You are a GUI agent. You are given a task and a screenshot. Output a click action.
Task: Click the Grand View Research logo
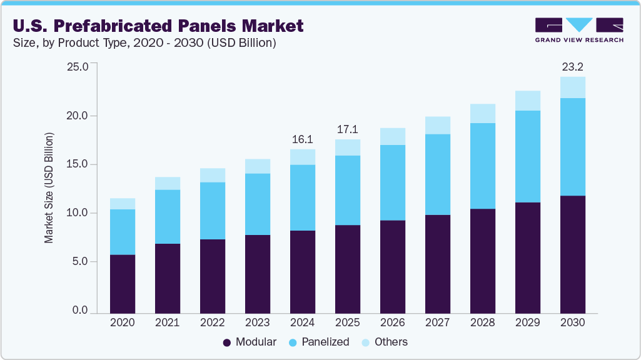point(579,29)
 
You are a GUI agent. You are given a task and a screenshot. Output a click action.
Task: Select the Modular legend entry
point(251,342)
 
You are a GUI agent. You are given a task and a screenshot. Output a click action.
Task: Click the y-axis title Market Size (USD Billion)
point(48,187)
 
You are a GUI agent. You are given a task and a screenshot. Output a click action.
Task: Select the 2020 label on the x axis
point(122,323)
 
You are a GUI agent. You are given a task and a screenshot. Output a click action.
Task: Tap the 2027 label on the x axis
point(437,323)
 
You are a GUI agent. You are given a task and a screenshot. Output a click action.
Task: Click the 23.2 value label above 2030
point(572,66)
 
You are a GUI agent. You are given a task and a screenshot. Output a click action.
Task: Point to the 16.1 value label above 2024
point(302,139)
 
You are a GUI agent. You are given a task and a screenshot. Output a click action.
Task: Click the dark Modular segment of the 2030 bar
point(572,254)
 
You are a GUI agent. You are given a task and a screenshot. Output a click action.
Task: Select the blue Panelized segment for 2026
point(392,182)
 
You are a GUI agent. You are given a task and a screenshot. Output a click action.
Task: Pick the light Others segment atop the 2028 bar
point(482,114)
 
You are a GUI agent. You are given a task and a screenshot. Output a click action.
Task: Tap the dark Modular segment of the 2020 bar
point(122,284)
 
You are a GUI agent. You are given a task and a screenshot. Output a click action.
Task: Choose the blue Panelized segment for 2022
point(212,211)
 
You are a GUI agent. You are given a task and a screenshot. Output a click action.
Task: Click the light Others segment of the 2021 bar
point(167,183)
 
